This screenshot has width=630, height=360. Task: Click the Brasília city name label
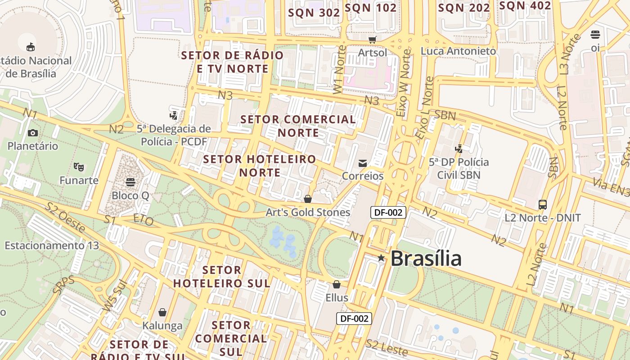pos(426,259)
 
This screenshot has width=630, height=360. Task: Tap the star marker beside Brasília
pos(381,258)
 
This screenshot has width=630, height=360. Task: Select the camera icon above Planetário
pos(33,133)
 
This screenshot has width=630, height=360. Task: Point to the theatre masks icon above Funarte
pos(79,167)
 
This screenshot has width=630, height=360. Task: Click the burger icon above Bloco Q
pos(130,182)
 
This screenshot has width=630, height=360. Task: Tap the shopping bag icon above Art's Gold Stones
pos(308,199)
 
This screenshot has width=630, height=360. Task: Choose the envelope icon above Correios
pos(363,163)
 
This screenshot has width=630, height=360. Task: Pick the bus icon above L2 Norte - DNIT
pos(543,205)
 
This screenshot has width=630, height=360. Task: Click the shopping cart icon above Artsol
pos(372,40)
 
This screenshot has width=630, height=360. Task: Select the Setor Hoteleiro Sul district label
pos(222,277)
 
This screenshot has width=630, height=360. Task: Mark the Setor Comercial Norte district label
pos(298,126)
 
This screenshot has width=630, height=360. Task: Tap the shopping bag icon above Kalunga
pos(162,312)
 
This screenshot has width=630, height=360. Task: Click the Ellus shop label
pos(337,297)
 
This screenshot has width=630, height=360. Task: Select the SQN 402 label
pos(525,6)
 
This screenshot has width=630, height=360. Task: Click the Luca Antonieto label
pos(458,51)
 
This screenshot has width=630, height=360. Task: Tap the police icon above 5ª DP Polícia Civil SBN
pos(459,148)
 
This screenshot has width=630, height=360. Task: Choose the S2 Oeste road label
pos(65,218)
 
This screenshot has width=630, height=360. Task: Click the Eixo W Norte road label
pos(405,83)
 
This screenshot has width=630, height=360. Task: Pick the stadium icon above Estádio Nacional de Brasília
pos(31,47)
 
